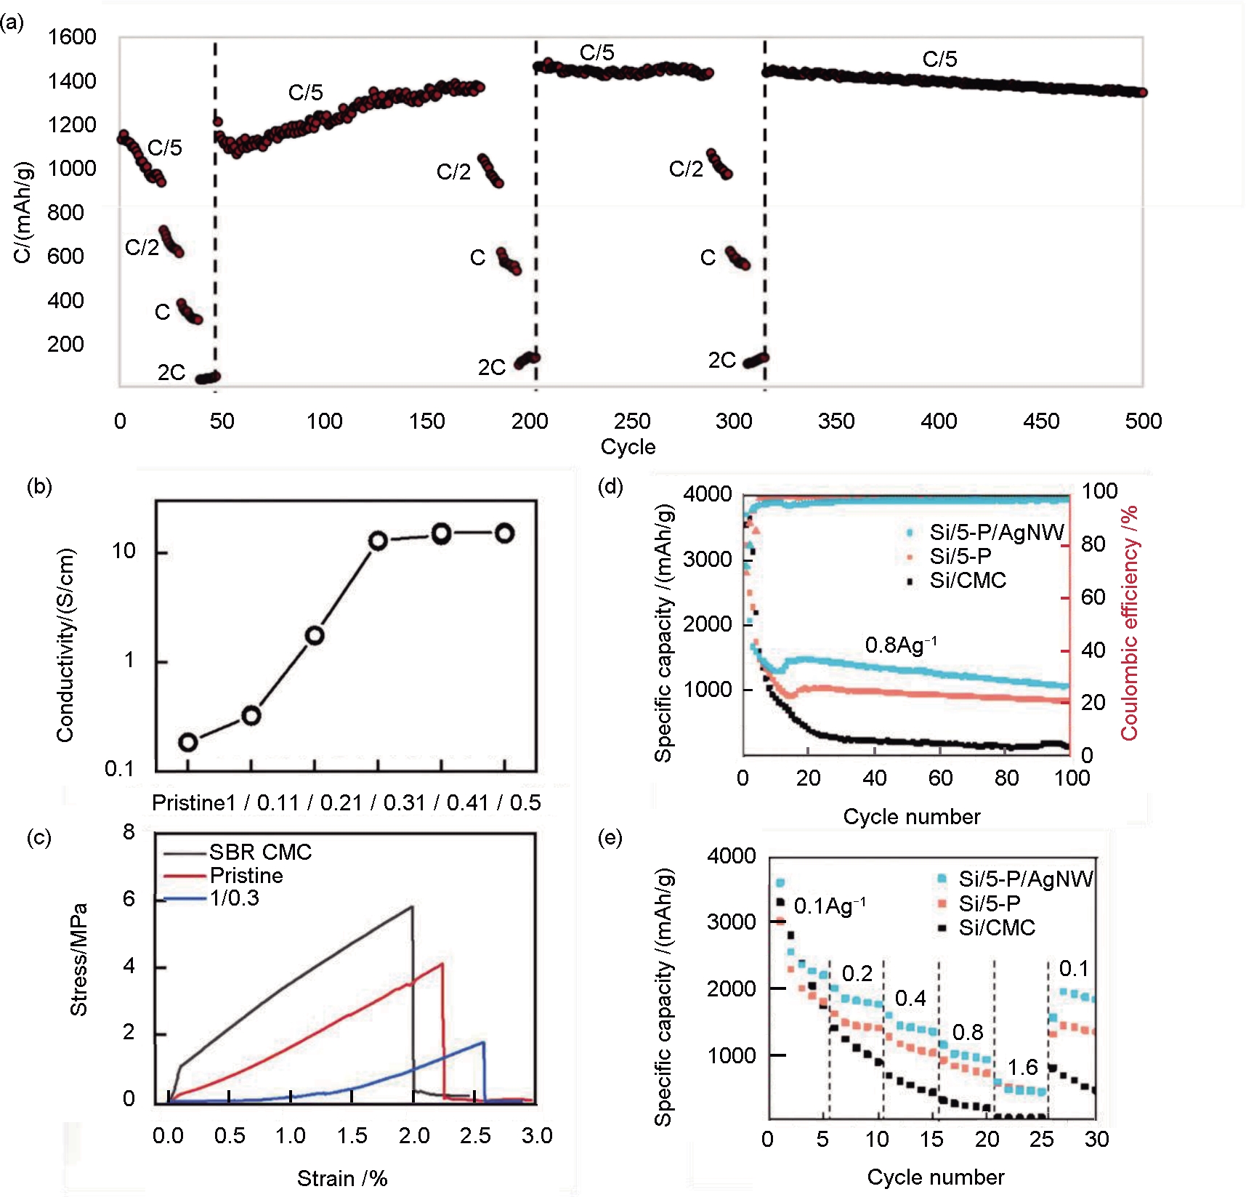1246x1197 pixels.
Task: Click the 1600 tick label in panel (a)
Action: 71,37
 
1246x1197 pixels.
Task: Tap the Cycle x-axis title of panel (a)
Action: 628,446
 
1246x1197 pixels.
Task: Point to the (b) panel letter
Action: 39,486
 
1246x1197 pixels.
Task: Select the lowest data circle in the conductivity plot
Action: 188,742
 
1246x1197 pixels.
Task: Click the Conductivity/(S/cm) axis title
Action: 65,645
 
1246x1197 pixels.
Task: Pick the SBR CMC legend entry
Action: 260,852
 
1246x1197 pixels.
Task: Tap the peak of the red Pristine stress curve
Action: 442,964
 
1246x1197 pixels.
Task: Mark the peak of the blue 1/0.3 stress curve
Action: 483,1043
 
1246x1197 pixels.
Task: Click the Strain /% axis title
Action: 342,1178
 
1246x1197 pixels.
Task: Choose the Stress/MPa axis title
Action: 78,959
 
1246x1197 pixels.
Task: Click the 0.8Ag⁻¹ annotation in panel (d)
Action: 900,645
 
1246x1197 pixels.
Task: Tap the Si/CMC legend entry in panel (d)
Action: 968,580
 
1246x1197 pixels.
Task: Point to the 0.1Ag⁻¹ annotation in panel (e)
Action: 829,906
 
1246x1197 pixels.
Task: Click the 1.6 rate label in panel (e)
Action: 1022,1067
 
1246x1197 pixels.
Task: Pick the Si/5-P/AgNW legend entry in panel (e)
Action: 1025,879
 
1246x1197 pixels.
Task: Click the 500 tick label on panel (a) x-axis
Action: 1143,421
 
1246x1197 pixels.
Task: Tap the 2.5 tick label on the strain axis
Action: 475,1135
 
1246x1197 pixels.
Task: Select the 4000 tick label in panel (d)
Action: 707,494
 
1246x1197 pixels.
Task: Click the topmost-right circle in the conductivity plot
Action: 505,533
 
